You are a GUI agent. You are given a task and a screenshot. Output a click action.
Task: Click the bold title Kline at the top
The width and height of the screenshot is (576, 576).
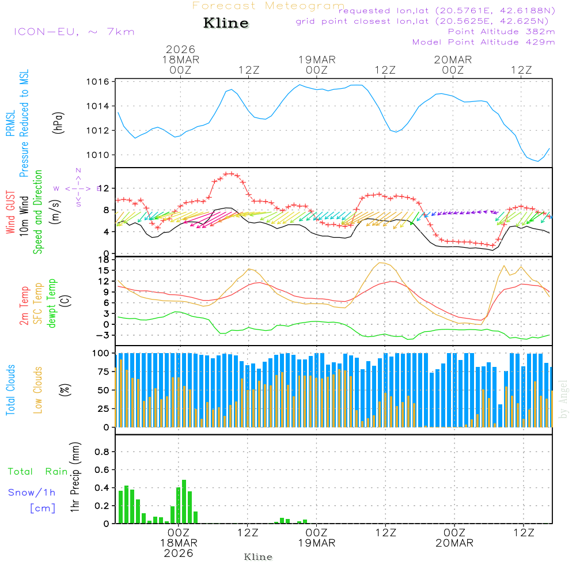click(x=226, y=24)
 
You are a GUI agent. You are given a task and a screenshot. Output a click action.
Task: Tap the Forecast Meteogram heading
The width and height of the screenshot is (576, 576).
click(x=268, y=6)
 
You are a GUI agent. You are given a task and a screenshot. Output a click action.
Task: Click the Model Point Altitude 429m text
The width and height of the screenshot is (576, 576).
click(x=483, y=42)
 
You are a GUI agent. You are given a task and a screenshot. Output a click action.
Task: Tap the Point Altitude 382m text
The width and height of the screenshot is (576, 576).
click(x=501, y=32)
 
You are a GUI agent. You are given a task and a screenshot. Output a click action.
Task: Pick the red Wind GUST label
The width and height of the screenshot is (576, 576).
click(x=10, y=213)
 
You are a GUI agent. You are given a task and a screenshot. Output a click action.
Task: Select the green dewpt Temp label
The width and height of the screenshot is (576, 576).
click(x=52, y=304)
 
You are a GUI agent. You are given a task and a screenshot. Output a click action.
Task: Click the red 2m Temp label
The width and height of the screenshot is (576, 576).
click(x=24, y=304)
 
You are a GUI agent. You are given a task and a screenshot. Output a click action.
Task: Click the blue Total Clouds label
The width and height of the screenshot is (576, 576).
click(x=10, y=389)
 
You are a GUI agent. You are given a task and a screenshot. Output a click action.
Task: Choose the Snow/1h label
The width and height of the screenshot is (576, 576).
click(x=32, y=492)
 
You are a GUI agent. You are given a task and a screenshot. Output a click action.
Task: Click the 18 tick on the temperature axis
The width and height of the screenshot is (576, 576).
click(x=104, y=260)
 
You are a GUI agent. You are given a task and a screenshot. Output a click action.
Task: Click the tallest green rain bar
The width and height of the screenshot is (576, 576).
click(x=184, y=501)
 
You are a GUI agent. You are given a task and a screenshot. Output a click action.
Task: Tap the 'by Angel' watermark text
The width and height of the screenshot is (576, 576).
click(x=563, y=400)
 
